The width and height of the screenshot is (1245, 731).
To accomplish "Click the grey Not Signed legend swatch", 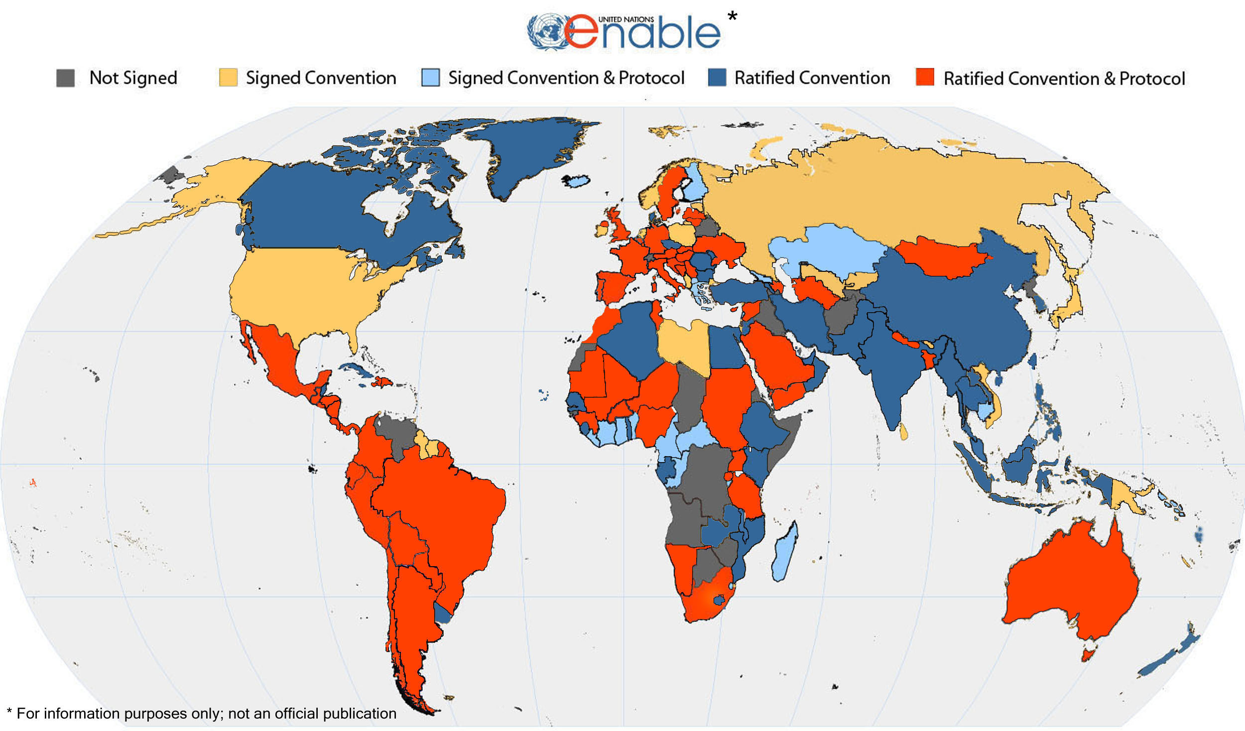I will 65,78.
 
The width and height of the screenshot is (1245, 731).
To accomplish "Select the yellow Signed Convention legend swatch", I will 228,78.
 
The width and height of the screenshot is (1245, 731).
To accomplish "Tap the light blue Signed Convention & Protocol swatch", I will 430,78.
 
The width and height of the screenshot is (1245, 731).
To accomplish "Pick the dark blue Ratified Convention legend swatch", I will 717,78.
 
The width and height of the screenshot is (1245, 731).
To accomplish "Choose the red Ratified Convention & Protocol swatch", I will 925,78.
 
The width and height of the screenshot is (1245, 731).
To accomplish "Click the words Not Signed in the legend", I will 133,78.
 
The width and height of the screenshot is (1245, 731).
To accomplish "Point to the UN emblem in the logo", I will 546,32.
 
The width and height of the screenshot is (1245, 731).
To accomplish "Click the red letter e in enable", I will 582,32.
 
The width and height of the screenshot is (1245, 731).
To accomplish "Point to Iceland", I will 577,181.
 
